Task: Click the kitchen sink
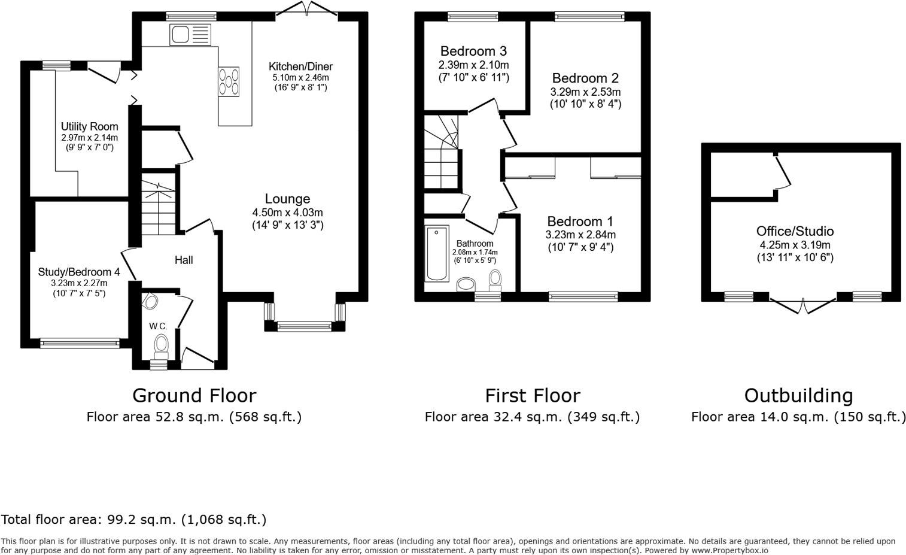point(190,35)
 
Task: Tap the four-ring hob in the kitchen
point(229,81)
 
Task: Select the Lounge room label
point(288,199)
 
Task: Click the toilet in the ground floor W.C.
point(161,345)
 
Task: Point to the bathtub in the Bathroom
point(436,253)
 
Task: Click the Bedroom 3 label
point(473,51)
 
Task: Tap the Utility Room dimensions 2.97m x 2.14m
point(89,138)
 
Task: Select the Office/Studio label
point(795,231)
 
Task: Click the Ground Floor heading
point(194,396)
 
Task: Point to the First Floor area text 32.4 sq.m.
point(532,417)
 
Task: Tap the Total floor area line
point(133,520)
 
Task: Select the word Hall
point(184,260)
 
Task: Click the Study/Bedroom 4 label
point(79,272)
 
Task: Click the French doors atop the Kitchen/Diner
point(307,9)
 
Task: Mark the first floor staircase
point(442,153)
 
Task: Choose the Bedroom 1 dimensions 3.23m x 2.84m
point(580,235)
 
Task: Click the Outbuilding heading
point(798,396)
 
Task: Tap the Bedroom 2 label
point(585,78)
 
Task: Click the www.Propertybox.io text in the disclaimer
point(729,550)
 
